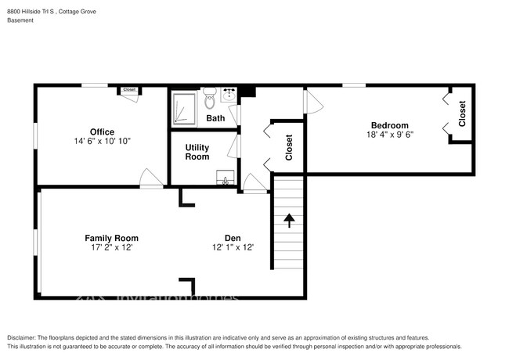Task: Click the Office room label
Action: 102,131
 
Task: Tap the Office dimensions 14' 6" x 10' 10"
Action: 102,142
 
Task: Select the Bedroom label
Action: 389,125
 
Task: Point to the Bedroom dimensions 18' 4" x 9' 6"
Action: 389,135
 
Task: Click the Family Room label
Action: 111,238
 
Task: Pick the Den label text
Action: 232,238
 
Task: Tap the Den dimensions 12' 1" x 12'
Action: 232,248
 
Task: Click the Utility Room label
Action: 197,152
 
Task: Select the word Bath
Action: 215,118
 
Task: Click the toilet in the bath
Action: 210,99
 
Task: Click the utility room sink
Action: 226,178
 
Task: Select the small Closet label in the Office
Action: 129,90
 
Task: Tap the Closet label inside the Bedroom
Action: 462,114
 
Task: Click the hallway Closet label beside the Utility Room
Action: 289,146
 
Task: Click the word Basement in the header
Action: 21,20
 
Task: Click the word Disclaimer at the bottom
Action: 24,336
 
